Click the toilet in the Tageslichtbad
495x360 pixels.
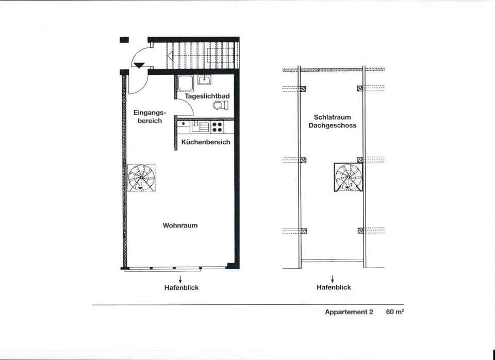click(x=221, y=105)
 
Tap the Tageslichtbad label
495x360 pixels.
click(x=207, y=96)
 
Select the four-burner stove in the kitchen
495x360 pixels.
click(x=217, y=127)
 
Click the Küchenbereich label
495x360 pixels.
click(x=206, y=142)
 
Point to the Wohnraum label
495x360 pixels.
click(x=180, y=225)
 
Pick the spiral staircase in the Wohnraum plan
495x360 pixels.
click(x=141, y=177)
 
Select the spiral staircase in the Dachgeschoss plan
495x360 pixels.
click(x=349, y=177)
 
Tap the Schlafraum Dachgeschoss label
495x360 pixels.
click(x=332, y=121)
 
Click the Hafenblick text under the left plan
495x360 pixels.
click(x=181, y=288)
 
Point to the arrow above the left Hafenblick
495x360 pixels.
click(x=180, y=279)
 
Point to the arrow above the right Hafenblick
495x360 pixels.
click(x=333, y=279)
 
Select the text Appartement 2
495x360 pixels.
click(x=349, y=312)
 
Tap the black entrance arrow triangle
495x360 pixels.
click(x=139, y=65)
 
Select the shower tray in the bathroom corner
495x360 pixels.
click(x=186, y=83)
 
